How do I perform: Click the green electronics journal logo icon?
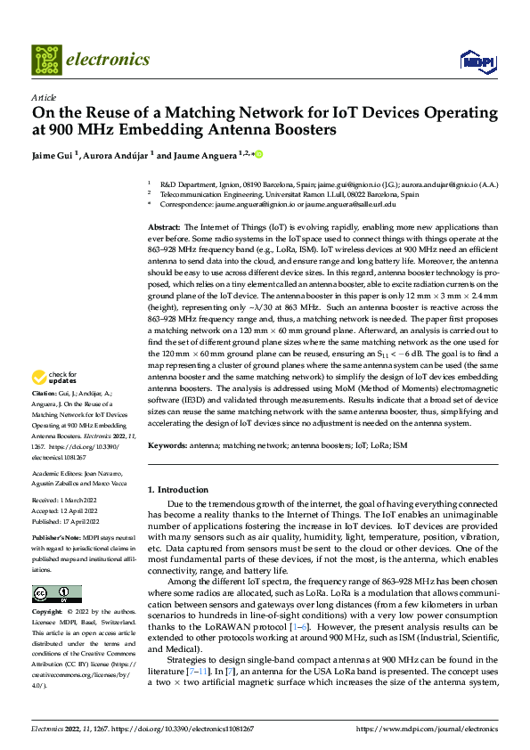(45, 60)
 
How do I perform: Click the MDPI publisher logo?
(476, 61)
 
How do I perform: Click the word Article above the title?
(45, 97)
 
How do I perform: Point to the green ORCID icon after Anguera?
(258, 154)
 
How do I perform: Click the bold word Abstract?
(163, 228)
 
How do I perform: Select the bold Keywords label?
(167, 444)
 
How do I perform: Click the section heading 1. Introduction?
(177, 490)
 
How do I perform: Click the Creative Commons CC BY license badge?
(56, 593)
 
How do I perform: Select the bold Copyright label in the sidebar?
(49, 613)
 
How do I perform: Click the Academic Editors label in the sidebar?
(59, 474)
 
